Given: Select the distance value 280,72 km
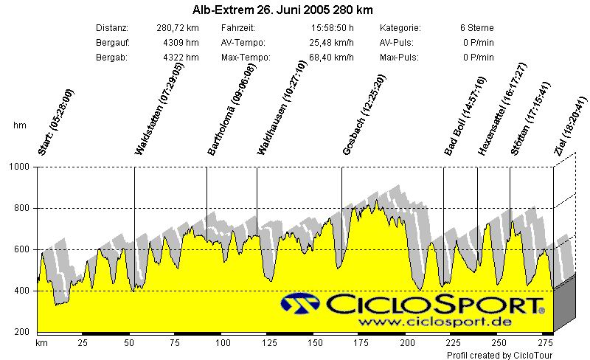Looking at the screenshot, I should click(178, 28).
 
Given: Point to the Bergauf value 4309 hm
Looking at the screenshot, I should click(181, 43).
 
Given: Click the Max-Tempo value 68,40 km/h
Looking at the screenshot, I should click(332, 58).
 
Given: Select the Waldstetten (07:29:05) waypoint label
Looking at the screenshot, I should click(159, 108).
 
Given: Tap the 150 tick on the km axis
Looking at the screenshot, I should click(315, 343).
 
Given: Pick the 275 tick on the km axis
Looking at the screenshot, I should click(546, 343).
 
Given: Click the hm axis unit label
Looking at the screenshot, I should click(20, 125).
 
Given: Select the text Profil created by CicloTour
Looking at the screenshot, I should click(499, 355).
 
